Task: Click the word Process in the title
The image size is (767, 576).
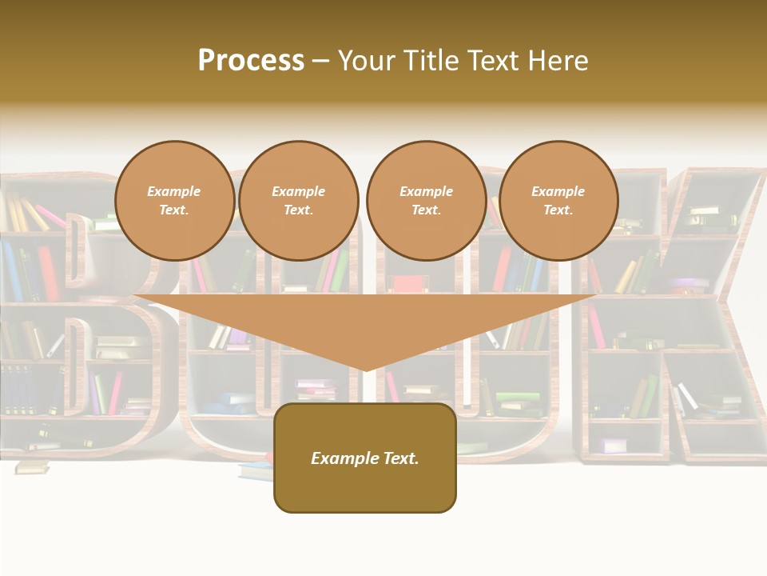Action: pyautogui.click(x=251, y=61)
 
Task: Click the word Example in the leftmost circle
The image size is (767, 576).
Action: pyautogui.click(x=174, y=191)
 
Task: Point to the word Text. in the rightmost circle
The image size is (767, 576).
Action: pyautogui.click(x=558, y=210)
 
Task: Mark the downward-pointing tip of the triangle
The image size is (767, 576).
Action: pyautogui.click(x=365, y=370)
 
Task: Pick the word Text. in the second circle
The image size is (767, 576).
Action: pyautogui.click(x=299, y=210)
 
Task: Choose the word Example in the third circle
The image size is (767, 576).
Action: pyautogui.click(x=426, y=191)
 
